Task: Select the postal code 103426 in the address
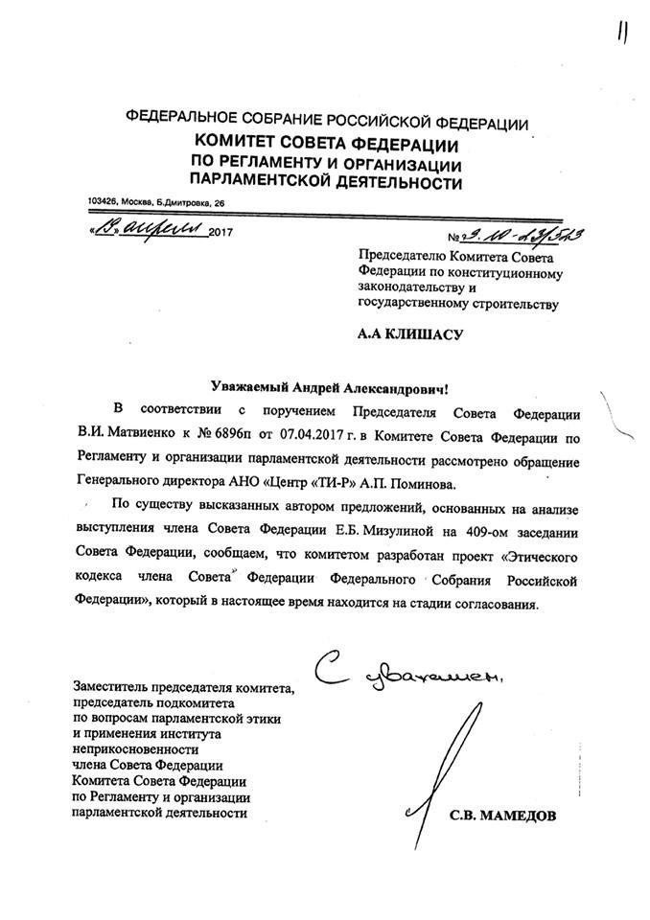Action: point(102,202)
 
